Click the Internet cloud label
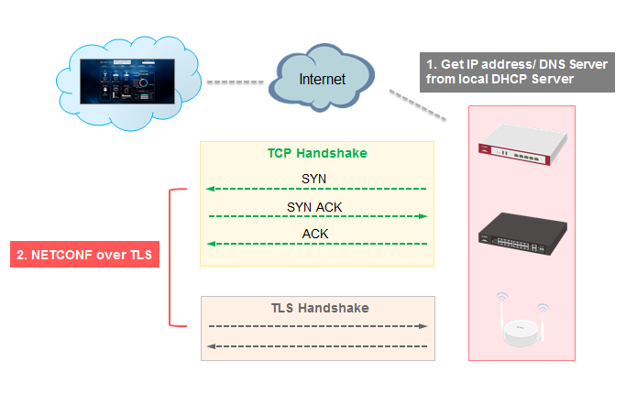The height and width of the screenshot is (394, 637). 323,79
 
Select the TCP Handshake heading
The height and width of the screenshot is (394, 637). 316,153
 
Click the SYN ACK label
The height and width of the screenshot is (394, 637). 314,207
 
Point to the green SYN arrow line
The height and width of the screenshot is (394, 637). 316,189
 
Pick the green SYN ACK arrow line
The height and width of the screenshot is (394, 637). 316,216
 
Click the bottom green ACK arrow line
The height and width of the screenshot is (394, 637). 316,244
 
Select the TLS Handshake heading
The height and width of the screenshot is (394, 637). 317,308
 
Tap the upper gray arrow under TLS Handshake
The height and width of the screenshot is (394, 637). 317,326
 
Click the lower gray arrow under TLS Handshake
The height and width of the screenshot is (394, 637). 317,345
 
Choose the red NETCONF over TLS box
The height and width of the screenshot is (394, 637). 84,255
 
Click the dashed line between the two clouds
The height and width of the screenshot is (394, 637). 235,82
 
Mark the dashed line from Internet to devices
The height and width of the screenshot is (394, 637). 418,105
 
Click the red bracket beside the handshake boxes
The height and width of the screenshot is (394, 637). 171,257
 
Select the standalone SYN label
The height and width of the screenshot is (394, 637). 314,178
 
